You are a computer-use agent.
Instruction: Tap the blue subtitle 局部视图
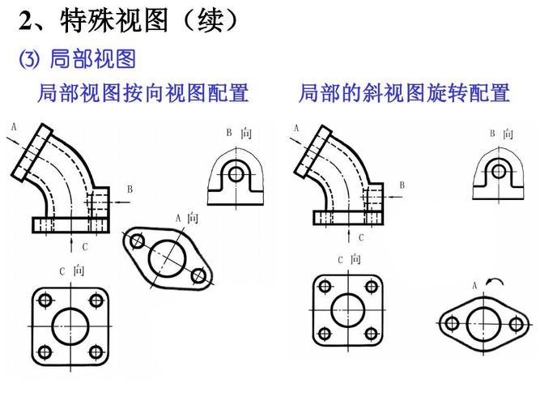click(x=91, y=59)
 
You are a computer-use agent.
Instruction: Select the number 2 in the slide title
click(x=26, y=20)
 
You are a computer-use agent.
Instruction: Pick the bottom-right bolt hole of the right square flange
click(x=372, y=333)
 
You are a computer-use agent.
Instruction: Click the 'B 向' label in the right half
click(x=500, y=134)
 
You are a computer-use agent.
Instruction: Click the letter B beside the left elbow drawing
click(x=129, y=189)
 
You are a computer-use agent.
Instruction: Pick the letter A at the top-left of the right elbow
click(x=296, y=127)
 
